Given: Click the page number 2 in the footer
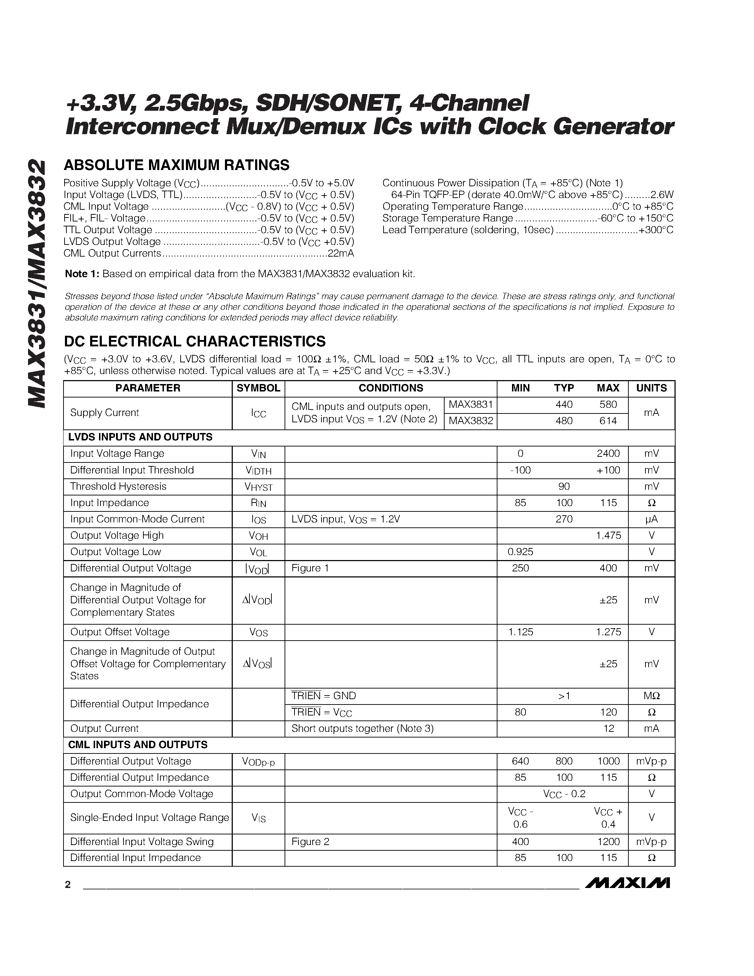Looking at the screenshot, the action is click(x=68, y=884).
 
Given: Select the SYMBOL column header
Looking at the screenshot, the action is click(x=258, y=388).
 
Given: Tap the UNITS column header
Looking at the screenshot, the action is click(x=651, y=388).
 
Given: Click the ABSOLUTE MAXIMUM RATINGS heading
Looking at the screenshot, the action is click(x=176, y=165).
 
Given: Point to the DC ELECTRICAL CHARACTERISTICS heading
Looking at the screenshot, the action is click(x=195, y=341).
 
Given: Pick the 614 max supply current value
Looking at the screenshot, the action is click(x=608, y=421).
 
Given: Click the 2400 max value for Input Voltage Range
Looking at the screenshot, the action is click(x=608, y=453).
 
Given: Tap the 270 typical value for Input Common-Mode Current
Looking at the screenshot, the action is click(x=564, y=519).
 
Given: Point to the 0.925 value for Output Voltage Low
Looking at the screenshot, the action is click(x=521, y=552).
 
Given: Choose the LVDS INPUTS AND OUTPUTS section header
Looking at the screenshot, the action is click(x=140, y=437).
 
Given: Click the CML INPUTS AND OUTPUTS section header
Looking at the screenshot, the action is click(x=138, y=745).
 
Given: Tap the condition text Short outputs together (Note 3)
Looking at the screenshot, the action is click(x=362, y=728).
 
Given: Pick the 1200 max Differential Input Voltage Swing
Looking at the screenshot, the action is click(x=608, y=841).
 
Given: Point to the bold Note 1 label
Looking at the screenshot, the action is click(x=82, y=274).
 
